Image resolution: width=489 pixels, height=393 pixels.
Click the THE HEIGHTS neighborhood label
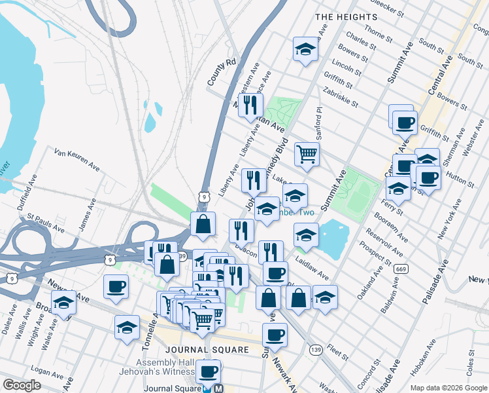(346, 16)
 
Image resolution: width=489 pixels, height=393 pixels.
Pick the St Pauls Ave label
(46, 222)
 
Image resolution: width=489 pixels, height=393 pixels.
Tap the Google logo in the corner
(22, 385)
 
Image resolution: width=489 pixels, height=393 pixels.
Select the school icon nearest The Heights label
(305, 49)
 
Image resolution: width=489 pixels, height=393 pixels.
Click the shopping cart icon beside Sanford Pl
(306, 155)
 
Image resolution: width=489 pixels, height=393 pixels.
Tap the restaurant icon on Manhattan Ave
(250, 105)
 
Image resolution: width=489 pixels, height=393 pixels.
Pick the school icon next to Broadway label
(63, 304)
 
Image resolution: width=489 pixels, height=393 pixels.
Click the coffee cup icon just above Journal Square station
(208, 371)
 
